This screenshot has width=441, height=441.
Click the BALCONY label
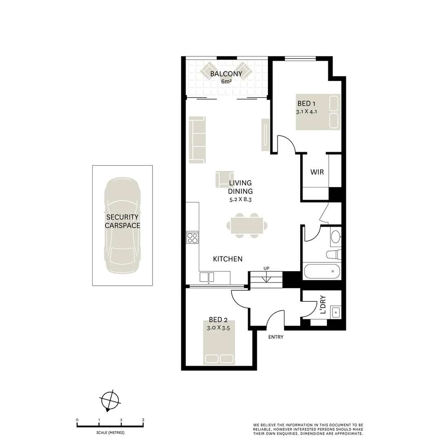pos(226,74)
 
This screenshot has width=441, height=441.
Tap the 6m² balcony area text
pos(226,81)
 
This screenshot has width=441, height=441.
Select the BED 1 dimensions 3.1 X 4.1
pos(306,111)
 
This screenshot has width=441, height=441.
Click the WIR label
pos(317,172)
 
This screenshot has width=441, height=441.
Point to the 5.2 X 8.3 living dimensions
pos(241,200)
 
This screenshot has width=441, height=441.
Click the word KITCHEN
pos(228,259)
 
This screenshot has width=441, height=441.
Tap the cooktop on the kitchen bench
pos(192,238)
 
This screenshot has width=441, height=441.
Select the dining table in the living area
pos(247,225)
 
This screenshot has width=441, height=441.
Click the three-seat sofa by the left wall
pos(197,140)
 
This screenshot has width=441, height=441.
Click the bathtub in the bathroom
pos(322,271)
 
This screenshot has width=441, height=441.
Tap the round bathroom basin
pos(335,236)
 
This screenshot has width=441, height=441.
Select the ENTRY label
pos(276,337)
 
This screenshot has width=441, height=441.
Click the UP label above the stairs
pos(266,268)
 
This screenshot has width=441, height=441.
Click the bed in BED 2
pos(219,342)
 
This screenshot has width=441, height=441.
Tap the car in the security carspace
pos(122,225)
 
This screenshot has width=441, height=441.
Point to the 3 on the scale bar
pos(143,420)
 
